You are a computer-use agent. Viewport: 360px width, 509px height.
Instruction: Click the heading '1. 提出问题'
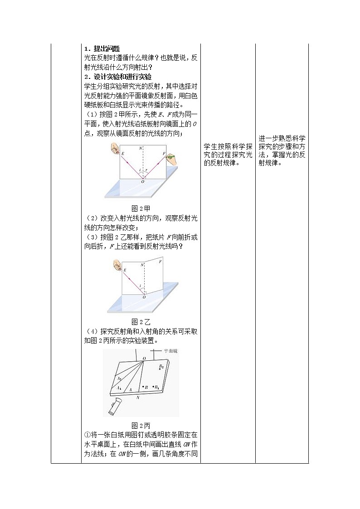point(101,49)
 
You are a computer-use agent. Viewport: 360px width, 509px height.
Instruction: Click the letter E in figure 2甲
point(123,155)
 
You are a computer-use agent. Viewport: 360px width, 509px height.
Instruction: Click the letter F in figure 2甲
point(164,154)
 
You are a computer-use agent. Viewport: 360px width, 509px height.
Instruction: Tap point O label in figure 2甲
point(143,181)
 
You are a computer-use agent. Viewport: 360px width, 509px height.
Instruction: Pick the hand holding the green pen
point(171,157)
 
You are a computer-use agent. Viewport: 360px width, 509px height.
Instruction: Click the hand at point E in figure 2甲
point(115,148)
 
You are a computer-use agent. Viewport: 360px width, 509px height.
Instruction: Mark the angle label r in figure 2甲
point(146,172)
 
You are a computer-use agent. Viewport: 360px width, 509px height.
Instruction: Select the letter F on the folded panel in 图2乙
point(161,261)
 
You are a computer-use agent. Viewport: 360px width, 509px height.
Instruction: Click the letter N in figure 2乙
point(142,265)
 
